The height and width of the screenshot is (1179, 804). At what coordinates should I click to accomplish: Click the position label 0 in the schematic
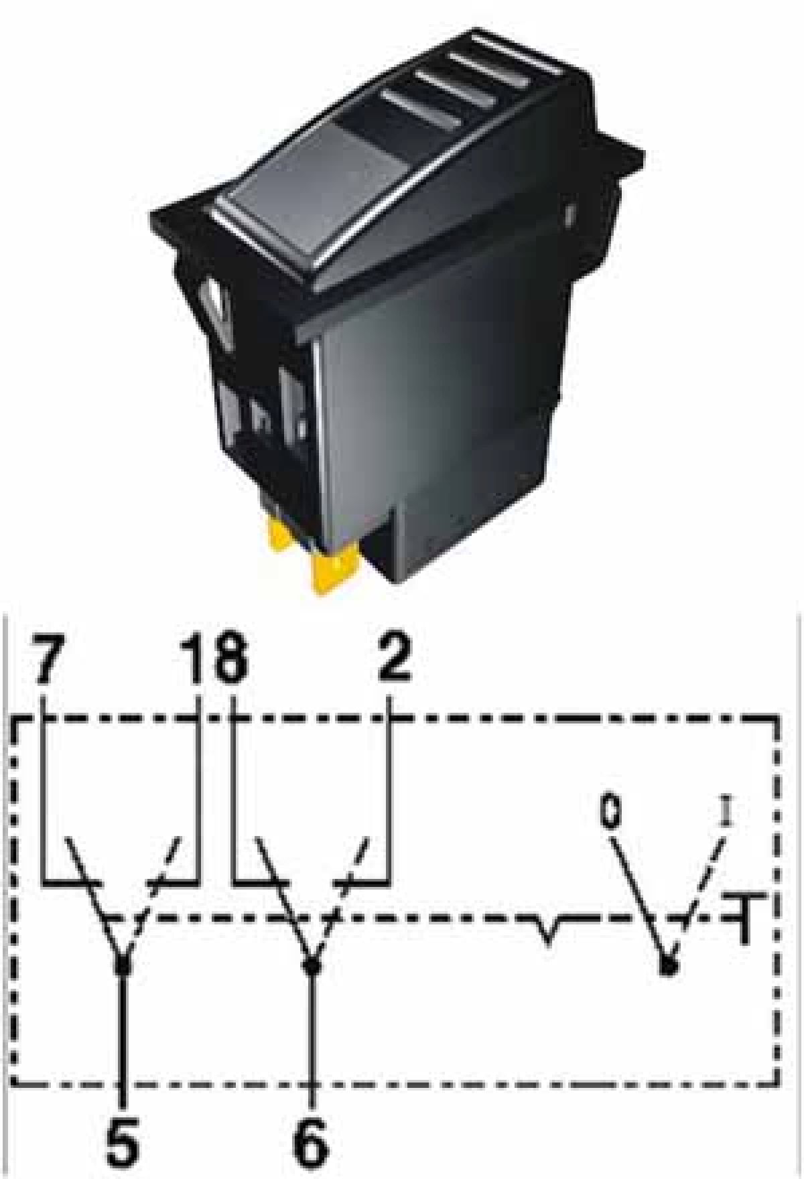[x=610, y=812]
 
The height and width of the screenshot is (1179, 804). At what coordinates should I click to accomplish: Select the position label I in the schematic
[x=726, y=811]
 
